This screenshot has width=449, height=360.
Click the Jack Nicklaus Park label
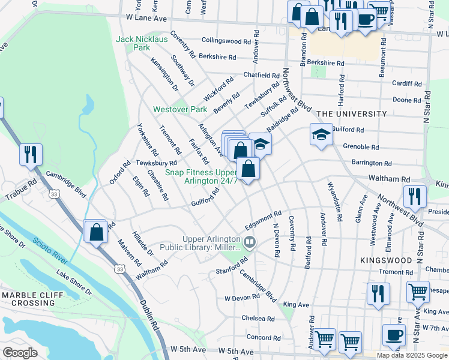(x=142, y=43)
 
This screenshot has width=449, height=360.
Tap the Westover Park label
(x=179, y=109)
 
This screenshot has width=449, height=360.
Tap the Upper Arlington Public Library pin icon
(x=250, y=242)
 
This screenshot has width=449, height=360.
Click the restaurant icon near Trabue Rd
(x=30, y=154)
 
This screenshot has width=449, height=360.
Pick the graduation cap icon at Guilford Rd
(x=321, y=134)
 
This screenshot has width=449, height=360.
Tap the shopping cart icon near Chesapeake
(x=418, y=292)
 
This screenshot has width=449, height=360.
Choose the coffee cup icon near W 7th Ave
(x=394, y=336)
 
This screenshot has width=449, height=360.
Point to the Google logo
(x=20, y=352)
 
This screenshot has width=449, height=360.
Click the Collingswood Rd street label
(x=226, y=41)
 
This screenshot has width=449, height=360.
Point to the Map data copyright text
(x=412, y=355)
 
